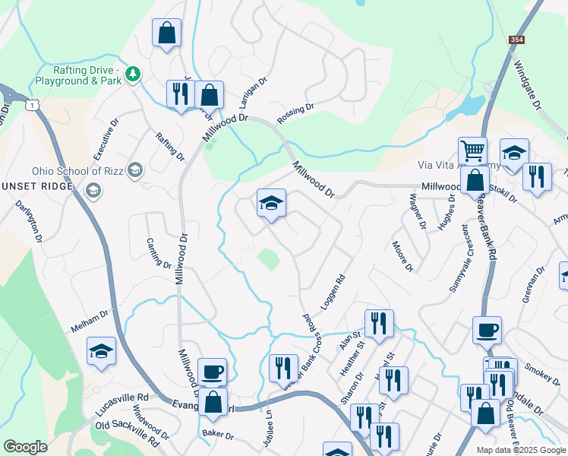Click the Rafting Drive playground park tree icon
(x=134, y=73)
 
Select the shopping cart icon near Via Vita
(x=472, y=150)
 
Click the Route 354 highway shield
(x=516, y=38)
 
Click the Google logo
(x=25, y=446)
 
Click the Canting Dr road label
(x=158, y=252)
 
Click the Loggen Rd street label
(x=334, y=292)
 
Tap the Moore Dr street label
(x=402, y=257)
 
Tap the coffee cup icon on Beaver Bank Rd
(x=487, y=331)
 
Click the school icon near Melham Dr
(x=101, y=351)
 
